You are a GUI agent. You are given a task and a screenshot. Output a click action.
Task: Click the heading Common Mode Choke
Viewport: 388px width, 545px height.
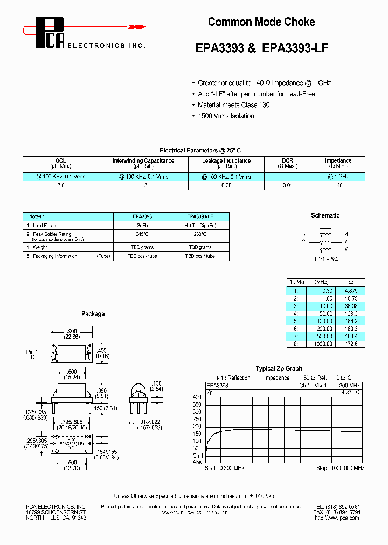click(x=261, y=22)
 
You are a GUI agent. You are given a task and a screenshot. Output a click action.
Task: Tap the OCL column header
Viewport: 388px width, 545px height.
click(x=60, y=160)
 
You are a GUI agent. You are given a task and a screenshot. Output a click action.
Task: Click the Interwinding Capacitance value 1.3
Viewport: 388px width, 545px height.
click(x=143, y=185)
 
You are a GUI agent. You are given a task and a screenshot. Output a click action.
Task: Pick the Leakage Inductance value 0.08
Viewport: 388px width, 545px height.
click(x=226, y=185)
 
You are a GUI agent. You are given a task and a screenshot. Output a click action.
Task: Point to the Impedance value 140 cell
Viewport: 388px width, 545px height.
click(x=338, y=185)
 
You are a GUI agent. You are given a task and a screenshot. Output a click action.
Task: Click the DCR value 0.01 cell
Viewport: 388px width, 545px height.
click(x=288, y=185)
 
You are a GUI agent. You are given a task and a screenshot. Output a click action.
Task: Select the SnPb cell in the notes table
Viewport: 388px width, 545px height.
click(x=142, y=226)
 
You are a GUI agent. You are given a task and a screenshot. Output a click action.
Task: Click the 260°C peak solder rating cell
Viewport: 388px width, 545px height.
click(x=200, y=235)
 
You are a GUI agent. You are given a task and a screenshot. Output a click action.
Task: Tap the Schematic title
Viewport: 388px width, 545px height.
click(x=325, y=215)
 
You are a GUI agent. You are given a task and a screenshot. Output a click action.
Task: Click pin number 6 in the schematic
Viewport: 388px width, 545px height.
click(x=347, y=250)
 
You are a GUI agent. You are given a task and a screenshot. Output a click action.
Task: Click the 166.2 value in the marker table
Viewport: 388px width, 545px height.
click(x=351, y=320)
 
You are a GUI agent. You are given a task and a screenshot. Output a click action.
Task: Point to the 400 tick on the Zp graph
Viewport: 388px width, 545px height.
click(x=197, y=397)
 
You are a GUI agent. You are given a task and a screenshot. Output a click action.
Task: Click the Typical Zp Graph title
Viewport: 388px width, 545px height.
click(x=279, y=369)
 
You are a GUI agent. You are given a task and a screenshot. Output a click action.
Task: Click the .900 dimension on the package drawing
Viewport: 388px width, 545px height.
click(x=73, y=331)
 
